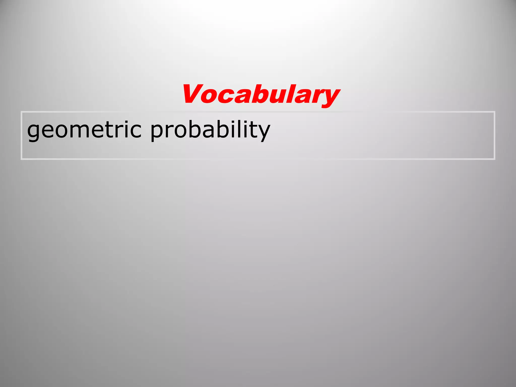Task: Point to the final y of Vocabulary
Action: pyautogui.click(x=329, y=97)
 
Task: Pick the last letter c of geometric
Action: pyautogui.click(x=135, y=131)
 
